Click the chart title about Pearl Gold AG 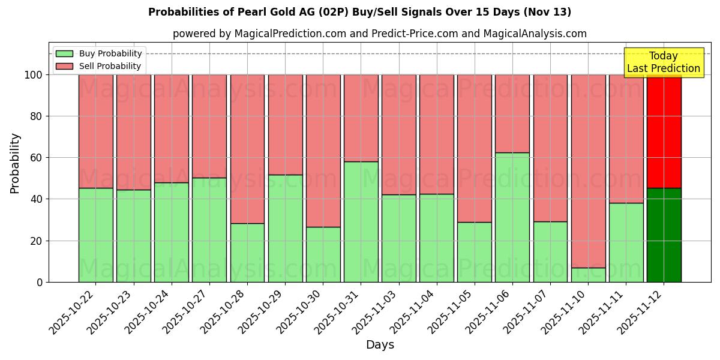point(359,12)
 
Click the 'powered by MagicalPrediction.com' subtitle point(379,34)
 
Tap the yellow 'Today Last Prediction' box point(664,62)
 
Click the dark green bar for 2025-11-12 point(664,235)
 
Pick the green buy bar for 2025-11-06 point(512,217)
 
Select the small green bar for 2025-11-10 point(588,275)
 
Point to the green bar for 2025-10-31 point(361,221)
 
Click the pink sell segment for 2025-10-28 point(247,149)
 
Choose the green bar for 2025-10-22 point(95,235)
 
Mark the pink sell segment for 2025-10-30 point(323,151)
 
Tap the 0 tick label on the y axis point(40,282)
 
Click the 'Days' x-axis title point(379,345)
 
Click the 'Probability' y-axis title point(15,163)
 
